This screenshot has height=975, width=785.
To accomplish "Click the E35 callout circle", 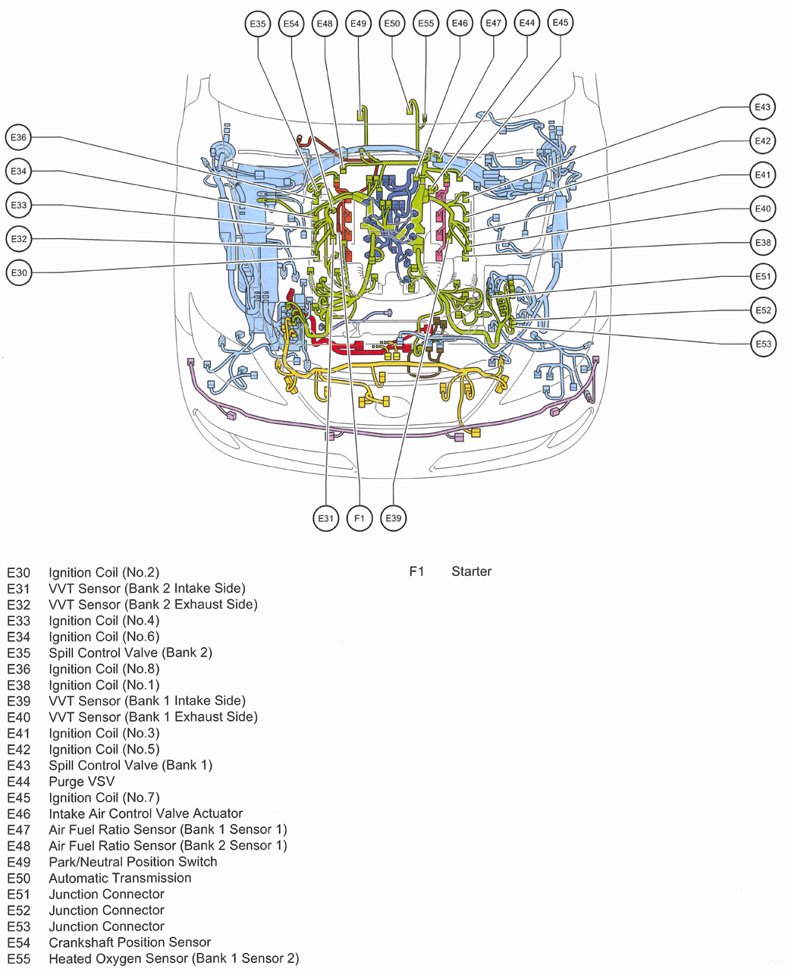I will pos(258,24).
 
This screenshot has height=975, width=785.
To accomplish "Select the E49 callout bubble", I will pos(358,24).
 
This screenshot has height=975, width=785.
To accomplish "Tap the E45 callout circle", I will pos(560,23).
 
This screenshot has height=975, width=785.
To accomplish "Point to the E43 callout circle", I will pos(762,108).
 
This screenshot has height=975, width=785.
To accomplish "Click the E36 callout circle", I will pos(19,138).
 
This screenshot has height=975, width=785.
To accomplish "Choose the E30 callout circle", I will pos(19,273).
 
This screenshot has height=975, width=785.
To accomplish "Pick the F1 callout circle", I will pos(359,518).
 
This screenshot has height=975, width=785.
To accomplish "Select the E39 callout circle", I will pos(393,518).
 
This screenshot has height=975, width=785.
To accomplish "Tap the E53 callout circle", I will pos(763,344).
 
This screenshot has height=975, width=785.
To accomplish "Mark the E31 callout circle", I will pos(325,518).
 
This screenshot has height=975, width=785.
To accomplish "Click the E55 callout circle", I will pos(426,24).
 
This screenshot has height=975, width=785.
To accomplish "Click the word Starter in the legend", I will pos(471,571).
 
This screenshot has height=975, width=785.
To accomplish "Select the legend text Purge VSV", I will pos(82,782).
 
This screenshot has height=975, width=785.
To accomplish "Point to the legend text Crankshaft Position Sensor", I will pos(130,942).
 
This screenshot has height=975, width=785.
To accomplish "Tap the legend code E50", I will pos(19,878).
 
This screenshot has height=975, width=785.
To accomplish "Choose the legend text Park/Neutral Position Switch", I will pos(133,862).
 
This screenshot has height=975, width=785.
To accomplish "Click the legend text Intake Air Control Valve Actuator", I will pos(146,813).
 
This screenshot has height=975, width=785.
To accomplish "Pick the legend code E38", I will pos(19,685).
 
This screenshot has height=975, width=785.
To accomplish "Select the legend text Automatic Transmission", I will pos(120,878).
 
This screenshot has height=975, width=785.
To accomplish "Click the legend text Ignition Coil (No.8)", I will pos(104,669).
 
